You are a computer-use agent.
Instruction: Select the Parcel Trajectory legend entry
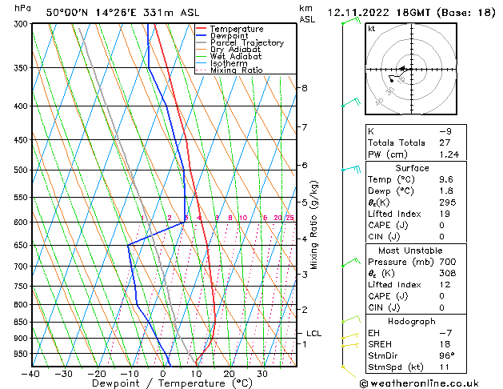tap(246, 43)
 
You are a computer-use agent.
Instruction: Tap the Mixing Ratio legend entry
tap(236, 70)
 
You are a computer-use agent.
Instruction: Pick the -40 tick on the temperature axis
tap(31, 374)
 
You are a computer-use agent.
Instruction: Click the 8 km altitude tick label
tap(305, 87)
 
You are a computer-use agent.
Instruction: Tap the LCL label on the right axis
tap(314, 334)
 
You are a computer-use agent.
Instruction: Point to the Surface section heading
tap(412, 168)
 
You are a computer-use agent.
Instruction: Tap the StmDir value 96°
tap(446, 355)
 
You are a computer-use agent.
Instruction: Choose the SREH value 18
tap(444, 344)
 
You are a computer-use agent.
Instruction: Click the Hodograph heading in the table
tap(412, 321)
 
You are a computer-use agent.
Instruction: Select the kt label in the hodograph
tap(372, 29)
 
